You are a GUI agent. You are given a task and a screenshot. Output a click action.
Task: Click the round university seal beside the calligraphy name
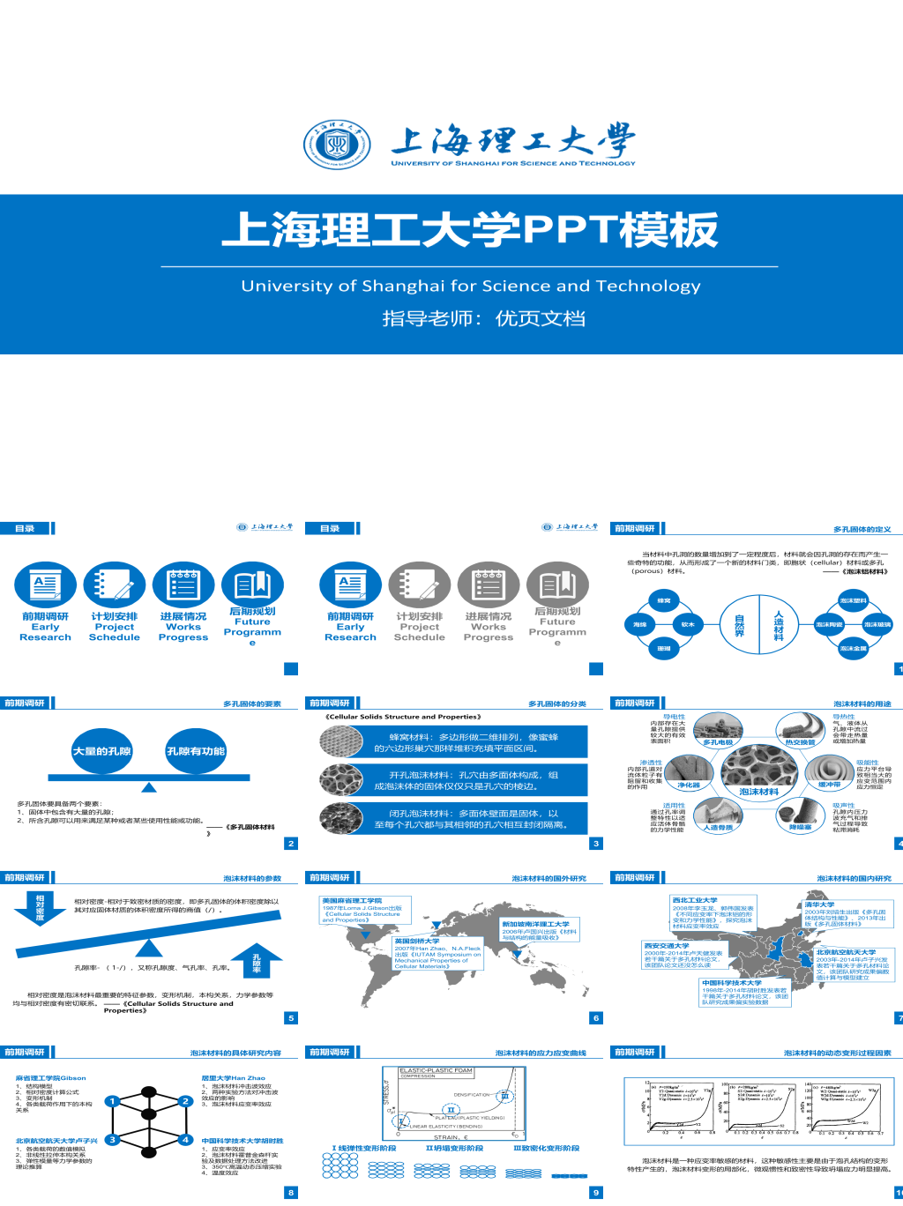331,146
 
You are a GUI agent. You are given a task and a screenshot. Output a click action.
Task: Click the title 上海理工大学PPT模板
469,229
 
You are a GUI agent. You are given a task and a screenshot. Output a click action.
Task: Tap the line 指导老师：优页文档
483,318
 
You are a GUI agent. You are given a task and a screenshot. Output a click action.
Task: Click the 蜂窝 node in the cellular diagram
664,600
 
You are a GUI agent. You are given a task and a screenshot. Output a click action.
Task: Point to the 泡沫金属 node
853,648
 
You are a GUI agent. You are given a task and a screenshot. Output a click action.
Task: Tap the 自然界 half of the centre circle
740,624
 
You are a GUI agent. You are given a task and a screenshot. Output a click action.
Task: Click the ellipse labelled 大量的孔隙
102,751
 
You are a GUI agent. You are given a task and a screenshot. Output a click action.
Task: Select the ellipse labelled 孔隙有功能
196,751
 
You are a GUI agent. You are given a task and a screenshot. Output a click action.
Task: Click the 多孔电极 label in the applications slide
718,742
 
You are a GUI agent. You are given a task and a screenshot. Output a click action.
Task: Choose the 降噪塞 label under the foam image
800,827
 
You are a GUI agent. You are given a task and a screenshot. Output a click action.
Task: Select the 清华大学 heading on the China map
819,904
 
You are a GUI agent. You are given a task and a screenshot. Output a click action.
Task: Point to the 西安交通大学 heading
667,945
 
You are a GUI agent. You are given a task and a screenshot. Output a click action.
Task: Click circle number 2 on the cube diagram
185,1100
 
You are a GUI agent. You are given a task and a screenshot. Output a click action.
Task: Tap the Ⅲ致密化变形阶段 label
547,1148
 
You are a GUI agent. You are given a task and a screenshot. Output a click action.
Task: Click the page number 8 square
291,1193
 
